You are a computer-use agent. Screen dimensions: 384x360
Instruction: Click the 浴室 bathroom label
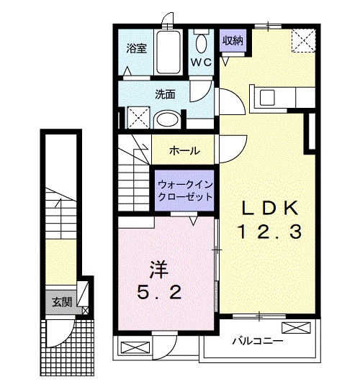137,49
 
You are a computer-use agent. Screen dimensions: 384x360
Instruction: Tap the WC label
200,63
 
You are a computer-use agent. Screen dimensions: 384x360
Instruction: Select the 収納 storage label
232,40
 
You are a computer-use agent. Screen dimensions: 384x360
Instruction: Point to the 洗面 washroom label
165,93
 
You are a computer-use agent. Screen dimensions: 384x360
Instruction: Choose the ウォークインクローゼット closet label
184,189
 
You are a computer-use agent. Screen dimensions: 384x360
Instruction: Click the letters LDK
269,209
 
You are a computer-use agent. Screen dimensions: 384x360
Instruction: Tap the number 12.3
269,232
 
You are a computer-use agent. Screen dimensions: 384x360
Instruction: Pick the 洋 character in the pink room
159,270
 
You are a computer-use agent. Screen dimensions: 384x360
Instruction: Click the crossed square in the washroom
137,116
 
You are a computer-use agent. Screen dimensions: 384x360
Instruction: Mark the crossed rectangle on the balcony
297,329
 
